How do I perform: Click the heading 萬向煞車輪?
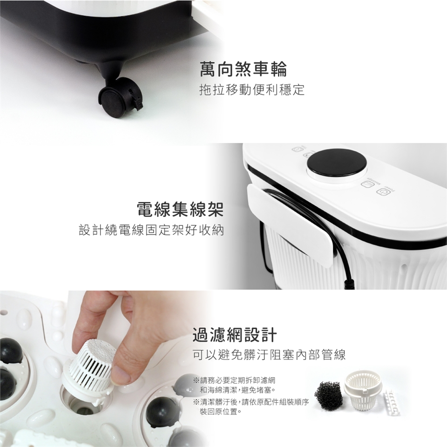[x=243, y=69]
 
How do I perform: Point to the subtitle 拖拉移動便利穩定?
[x=252, y=89]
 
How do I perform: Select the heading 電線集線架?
[x=180, y=209]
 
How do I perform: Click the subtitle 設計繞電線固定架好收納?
[x=151, y=230]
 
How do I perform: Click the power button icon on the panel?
[x=382, y=191]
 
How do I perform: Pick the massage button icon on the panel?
[x=366, y=184]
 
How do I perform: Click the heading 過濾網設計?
[x=235, y=334]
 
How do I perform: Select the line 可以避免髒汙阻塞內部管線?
[x=270, y=355]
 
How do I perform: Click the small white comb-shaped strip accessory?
[x=393, y=402]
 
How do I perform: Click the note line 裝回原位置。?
[x=221, y=412]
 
